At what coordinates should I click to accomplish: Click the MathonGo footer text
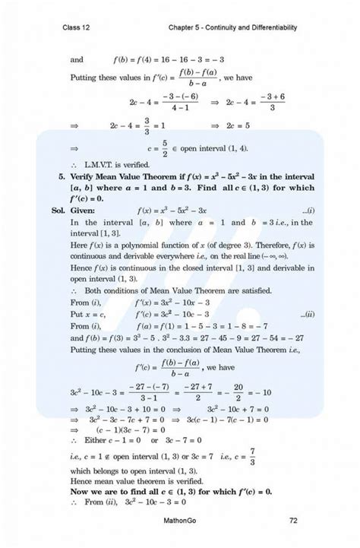(x=180, y=521)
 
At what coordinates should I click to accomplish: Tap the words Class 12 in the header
(x=78, y=28)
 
